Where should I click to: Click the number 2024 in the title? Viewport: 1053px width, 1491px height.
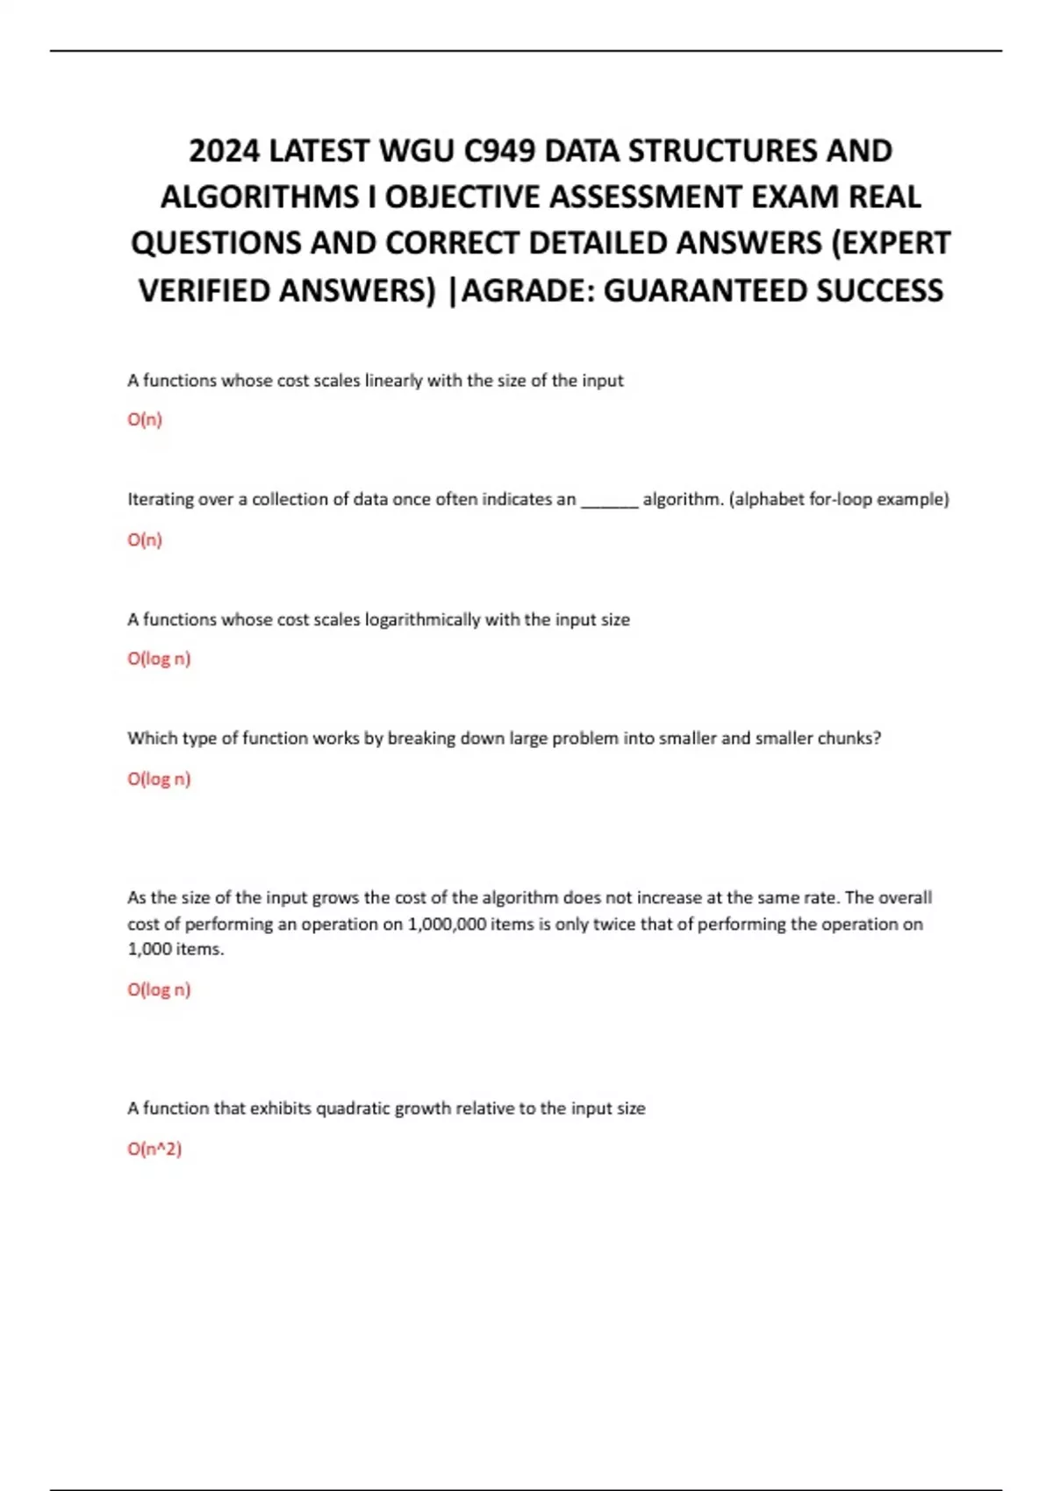tap(224, 152)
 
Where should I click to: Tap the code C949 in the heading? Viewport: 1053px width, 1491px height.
tap(498, 152)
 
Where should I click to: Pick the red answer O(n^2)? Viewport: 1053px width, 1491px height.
tap(154, 1148)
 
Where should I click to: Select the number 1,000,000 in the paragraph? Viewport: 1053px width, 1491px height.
tap(448, 924)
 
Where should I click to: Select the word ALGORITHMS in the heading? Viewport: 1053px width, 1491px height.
tap(259, 197)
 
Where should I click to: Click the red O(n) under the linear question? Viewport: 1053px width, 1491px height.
tap(145, 419)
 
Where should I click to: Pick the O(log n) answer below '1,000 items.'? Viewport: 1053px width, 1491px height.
tap(159, 989)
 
